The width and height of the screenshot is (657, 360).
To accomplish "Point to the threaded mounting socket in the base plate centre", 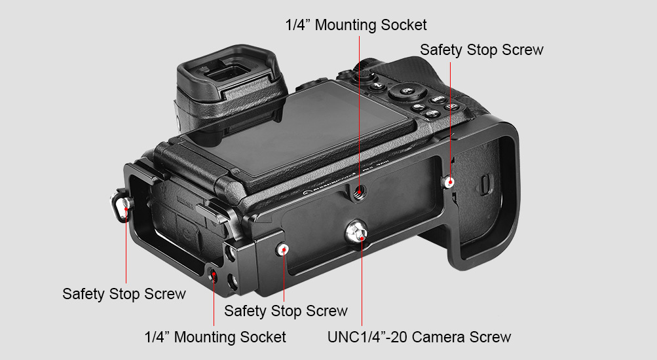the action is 359,192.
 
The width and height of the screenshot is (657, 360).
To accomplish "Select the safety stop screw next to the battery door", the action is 449,182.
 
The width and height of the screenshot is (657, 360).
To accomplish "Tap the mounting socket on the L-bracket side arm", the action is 214,275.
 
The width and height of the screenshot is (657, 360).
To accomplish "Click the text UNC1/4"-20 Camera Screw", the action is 419,337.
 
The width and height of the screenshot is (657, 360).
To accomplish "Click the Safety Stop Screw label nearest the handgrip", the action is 481,50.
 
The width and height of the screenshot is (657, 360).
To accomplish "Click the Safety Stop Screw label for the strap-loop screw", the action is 124,294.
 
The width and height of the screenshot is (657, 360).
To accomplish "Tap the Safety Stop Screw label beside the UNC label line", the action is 286,311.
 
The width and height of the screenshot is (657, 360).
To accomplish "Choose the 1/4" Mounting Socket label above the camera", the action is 356,25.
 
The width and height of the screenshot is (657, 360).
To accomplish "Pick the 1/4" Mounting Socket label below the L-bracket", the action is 215,337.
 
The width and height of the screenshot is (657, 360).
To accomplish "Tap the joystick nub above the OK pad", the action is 365,75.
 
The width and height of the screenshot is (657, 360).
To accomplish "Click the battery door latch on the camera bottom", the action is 485,184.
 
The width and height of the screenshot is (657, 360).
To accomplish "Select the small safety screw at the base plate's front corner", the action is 284,250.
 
